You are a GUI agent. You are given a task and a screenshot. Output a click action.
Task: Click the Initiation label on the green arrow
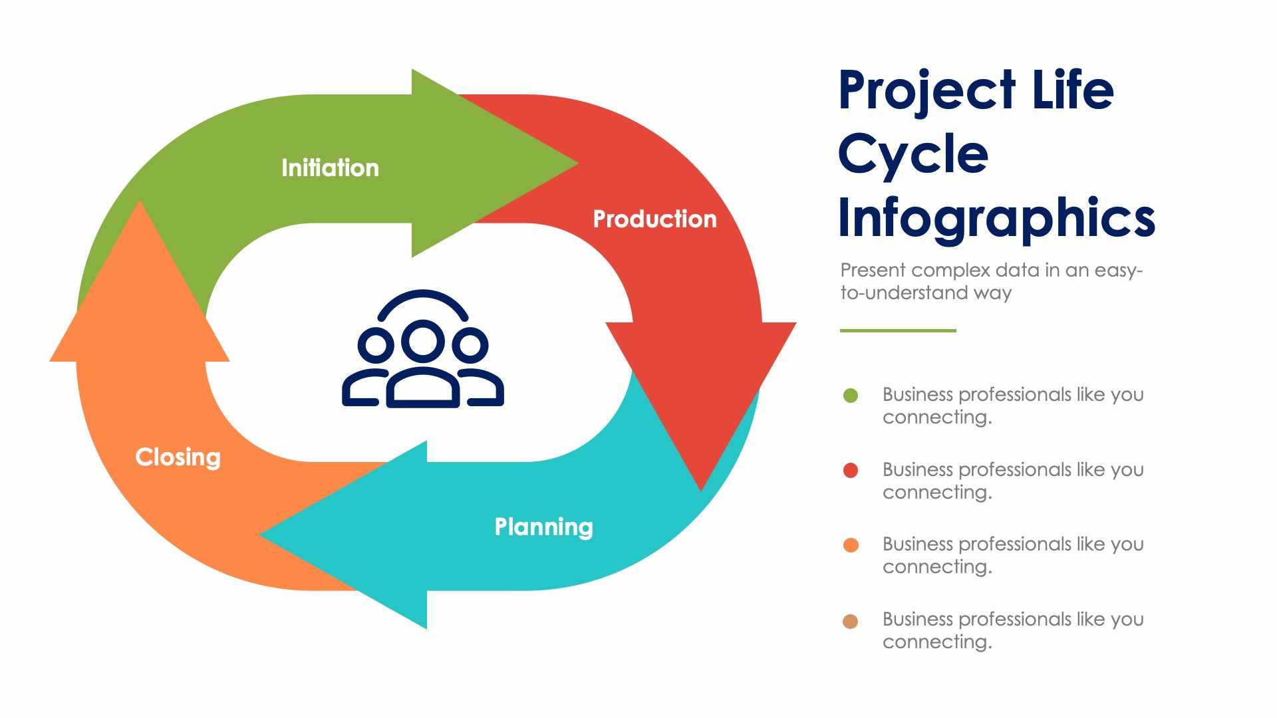330,168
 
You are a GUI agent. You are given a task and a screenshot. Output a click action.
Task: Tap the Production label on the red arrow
654,219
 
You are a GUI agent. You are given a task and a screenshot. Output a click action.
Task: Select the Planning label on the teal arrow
543,527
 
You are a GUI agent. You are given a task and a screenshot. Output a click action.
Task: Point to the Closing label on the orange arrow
178,457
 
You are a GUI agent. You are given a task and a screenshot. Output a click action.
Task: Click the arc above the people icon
423,295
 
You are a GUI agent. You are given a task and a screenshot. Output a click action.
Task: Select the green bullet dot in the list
851,396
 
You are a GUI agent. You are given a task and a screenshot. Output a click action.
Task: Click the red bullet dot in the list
851,471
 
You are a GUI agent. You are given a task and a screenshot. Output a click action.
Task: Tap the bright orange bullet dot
851,545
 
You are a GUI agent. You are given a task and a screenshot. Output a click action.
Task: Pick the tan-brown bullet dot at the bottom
851,621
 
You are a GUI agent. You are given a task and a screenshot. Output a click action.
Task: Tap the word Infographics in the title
996,218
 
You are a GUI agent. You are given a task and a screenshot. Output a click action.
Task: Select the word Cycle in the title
913,154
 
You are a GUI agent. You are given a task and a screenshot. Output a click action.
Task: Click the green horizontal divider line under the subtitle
898,330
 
